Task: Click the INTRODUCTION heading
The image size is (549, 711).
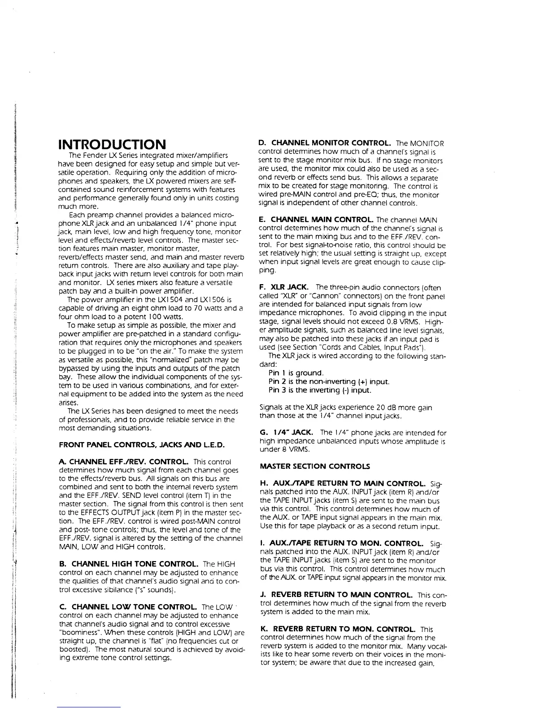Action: click(x=112, y=145)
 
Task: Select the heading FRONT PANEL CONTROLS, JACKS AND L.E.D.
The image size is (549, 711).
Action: click(x=142, y=445)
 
